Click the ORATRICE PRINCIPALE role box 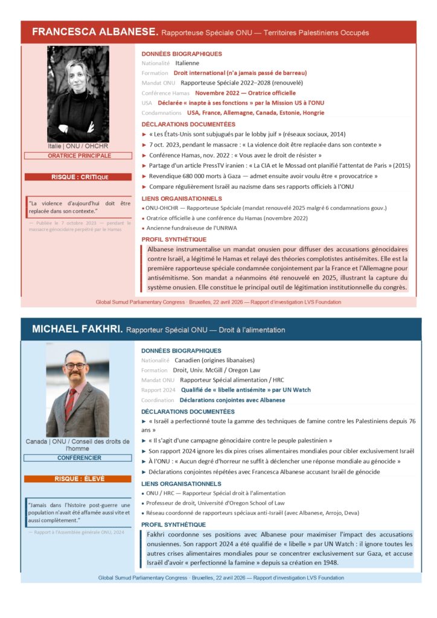[x=78, y=156]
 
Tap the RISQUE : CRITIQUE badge [x=78, y=177]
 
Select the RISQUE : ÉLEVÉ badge [x=78, y=479]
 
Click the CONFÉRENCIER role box [x=78, y=458]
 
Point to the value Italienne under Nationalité [x=187, y=63]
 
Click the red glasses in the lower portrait [x=75, y=366]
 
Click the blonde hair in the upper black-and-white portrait [x=77, y=68]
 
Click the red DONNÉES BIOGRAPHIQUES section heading [x=182, y=54]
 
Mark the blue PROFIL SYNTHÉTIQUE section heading [x=173, y=525]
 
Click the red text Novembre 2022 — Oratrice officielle [x=245, y=93]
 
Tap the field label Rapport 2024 [x=158, y=390]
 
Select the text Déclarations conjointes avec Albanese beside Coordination [x=232, y=400]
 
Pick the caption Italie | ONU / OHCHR [x=78, y=147]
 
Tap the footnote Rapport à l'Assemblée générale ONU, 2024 [x=78, y=532]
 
